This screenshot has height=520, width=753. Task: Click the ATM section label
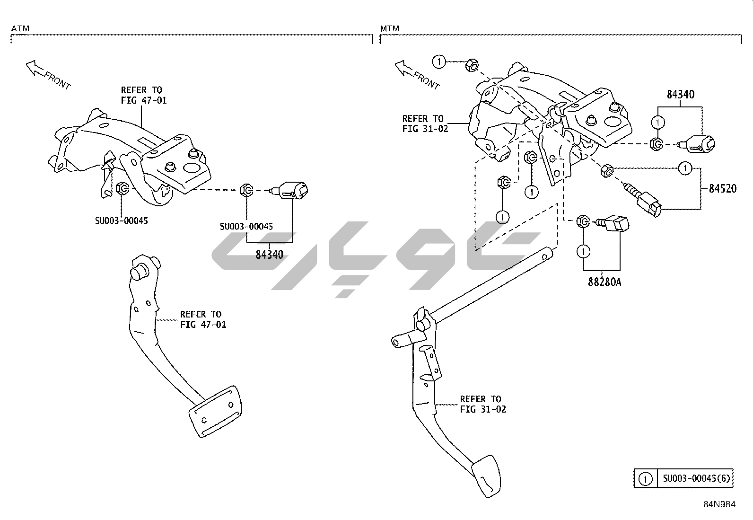(x=20, y=28)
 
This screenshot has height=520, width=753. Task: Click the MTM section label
(x=389, y=28)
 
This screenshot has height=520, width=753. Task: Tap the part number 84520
(x=722, y=188)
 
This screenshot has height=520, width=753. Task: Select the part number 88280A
(x=604, y=282)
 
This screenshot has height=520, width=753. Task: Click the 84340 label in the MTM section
(x=681, y=95)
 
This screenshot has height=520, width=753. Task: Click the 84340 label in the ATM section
(x=269, y=255)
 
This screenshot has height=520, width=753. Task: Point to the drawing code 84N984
(x=719, y=504)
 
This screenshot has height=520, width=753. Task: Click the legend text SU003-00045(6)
(x=696, y=478)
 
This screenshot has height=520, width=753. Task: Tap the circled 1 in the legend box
(x=645, y=479)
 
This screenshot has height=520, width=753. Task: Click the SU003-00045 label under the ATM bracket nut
(x=121, y=220)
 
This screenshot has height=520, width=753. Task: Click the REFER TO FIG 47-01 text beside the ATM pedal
(x=203, y=319)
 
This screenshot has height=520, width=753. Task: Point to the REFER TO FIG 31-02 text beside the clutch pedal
(x=482, y=404)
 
